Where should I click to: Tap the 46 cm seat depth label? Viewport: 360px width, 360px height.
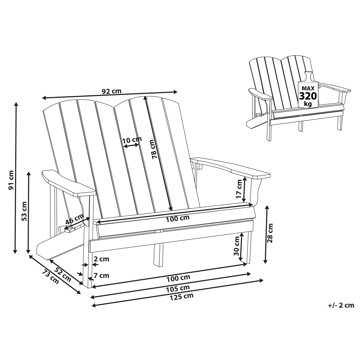coord(73,223)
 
